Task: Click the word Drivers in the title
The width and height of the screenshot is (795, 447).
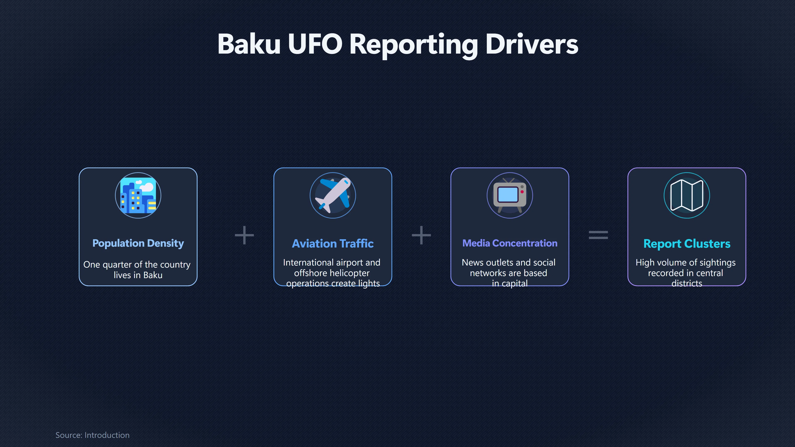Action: tap(532, 44)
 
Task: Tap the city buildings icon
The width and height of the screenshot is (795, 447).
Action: tap(138, 195)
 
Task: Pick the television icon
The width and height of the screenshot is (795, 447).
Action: tap(510, 195)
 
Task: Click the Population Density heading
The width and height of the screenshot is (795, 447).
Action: tap(138, 243)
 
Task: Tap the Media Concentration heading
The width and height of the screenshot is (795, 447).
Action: tap(510, 243)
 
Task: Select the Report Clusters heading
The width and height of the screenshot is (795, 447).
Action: tap(687, 244)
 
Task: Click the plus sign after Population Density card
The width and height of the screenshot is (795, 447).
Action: tap(244, 235)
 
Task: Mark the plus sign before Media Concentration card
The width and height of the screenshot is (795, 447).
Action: tap(421, 235)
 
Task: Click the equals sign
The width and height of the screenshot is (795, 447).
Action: tap(598, 235)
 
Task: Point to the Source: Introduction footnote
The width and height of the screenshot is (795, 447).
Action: tap(92, 435)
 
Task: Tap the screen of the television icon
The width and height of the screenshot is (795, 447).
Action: tap(508, 194)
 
